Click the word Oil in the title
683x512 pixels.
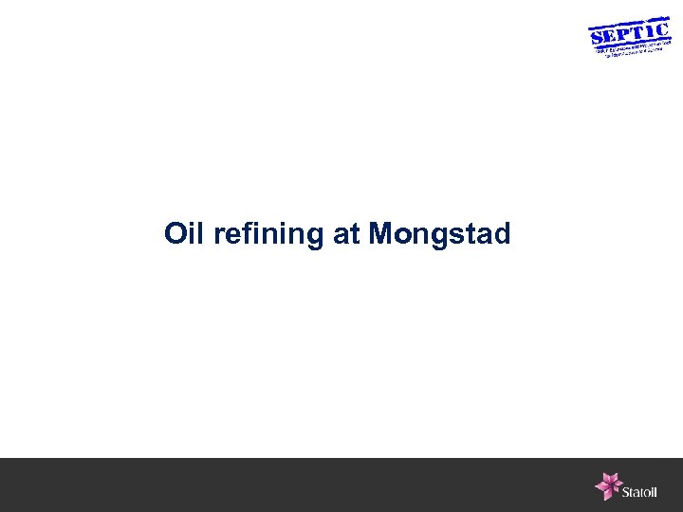(185, 233)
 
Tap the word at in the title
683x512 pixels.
(346, 234)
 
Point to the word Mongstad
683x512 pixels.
(439, 234)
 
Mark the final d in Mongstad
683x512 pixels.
(502, 233)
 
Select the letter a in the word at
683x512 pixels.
(341, 235)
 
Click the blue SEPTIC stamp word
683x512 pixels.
(629, 33)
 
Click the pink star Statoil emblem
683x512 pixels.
(607, 485)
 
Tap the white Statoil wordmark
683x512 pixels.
(640, 491)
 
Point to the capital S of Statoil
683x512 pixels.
(626, 491)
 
